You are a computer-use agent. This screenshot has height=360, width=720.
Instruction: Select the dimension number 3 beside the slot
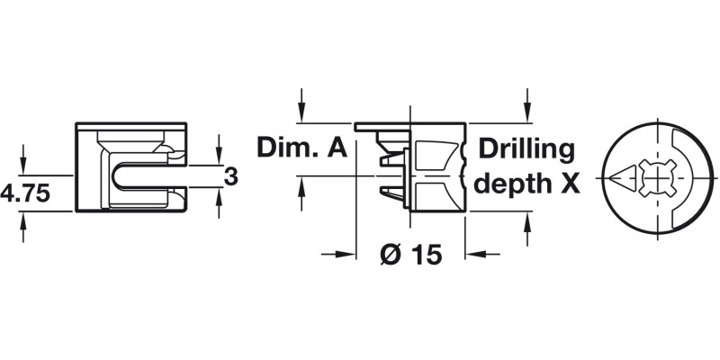[x=230, y=176]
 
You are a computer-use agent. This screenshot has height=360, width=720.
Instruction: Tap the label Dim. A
[x=302, y=148]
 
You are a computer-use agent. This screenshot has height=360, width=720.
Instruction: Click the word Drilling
[x=525, y=148]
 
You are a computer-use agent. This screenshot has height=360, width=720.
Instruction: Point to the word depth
[x=513, y=184]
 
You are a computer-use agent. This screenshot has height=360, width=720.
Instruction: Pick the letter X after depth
[x=567, y=184]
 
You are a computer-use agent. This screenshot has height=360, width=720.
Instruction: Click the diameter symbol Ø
[x=390, y=255]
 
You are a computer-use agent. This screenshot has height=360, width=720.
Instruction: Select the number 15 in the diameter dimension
[x=427, y=255]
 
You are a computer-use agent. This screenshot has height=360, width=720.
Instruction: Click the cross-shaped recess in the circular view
[x=655, y=176]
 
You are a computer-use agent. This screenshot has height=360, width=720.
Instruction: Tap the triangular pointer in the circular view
[x=622, y=176]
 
